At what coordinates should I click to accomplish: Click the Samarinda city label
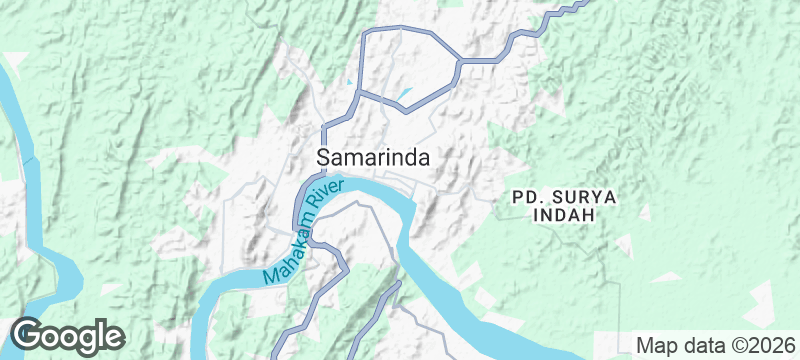tap(374, 158)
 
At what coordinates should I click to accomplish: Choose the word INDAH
tap(564, 215)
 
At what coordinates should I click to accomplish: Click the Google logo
tap(67, 335)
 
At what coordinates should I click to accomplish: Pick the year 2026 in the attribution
tap(771, 345)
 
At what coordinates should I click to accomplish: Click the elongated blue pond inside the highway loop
tap(404, 97)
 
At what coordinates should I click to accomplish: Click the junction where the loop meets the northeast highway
tap(459, 62)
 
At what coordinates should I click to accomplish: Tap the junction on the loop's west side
tap(360, 92)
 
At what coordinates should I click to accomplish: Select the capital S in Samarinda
tap(324, 158)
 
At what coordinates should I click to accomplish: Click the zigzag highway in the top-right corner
tap(560, 15)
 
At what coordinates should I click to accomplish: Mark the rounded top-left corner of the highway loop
tap(365, 33)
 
